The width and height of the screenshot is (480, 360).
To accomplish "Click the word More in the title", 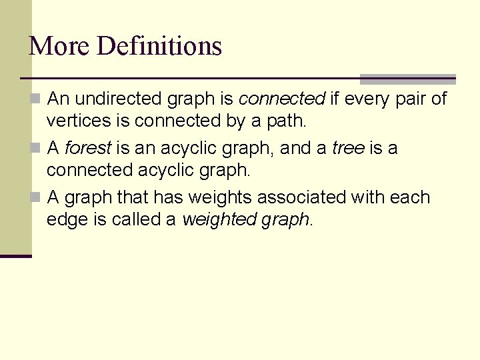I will pos(59,46).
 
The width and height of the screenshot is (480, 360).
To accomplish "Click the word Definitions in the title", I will pos(159,46).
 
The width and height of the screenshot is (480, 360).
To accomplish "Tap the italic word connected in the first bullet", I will pos(282,99).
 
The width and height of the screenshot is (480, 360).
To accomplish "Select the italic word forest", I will pos(87,148).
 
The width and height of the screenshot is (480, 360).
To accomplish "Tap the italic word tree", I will pos(347,148).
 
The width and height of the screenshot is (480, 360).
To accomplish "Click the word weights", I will pos(221,197).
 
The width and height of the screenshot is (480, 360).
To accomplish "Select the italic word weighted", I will pos(214,219).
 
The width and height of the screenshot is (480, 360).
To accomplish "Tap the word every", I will pos(366,99).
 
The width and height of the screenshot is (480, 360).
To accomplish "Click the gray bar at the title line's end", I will pos(407,79).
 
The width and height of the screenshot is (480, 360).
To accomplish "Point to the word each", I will pos(411,197).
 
